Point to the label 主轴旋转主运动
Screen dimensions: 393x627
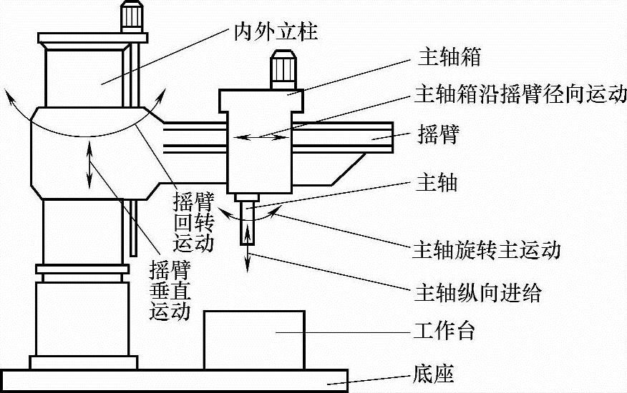pyautogui.click(x=486, y=250)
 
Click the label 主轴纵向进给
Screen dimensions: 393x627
pyautogui.click(x=477, y=292)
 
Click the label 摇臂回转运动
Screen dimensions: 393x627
pyautogui.click(x=194, y=222)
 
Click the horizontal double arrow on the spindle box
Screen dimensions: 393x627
pyautogui.click(x=260, y=135)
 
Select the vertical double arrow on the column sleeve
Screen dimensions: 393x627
pyautogui.click(x=89, y=163)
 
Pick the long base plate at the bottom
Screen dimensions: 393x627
pyautogui.click(x=174, y=379)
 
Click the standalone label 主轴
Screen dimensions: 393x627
pyautogui.click(x=436, y=184)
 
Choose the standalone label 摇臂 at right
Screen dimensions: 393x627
pyautogui.click(x=436, y=135)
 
